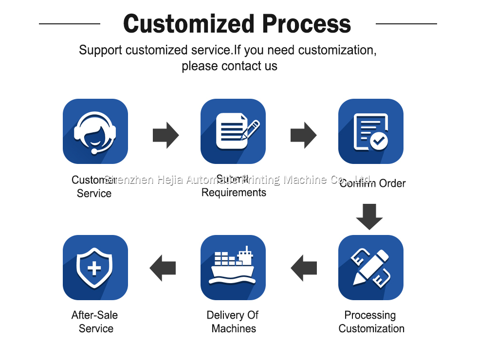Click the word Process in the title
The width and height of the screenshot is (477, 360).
tap(307, 24)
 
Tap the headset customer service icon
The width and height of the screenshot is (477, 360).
tap(95, 131)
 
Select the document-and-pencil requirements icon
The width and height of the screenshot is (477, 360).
tap(233, 131)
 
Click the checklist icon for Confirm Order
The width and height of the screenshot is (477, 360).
tap(371, 131)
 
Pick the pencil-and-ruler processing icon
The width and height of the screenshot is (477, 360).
tap(371, 268)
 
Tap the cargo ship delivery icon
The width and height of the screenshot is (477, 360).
tap(233, 268)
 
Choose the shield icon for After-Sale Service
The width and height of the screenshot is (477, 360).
tap(95, 268)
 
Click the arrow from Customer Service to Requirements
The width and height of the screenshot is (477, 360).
tap(165, 135)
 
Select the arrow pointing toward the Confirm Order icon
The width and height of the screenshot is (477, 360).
tap(303, 135)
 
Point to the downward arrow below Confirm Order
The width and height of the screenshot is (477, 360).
tap(369, 216)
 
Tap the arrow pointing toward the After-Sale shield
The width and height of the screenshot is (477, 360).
tap(163, 268)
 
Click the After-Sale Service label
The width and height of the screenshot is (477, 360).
tap(95, 322)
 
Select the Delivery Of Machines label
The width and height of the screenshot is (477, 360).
tap(233, 322)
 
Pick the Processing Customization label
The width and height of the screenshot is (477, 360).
tap(371, 322)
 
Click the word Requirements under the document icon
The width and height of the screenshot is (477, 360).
tap(234, 193)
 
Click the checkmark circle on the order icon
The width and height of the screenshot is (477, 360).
tap(379, 142)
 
